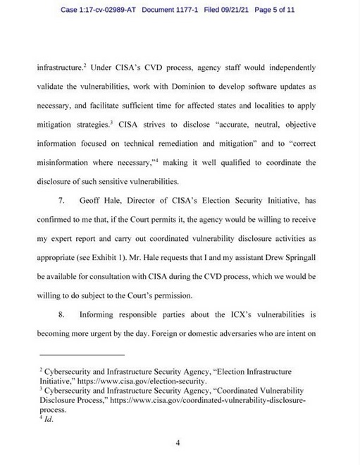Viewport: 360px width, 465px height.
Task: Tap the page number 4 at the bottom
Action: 179,443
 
